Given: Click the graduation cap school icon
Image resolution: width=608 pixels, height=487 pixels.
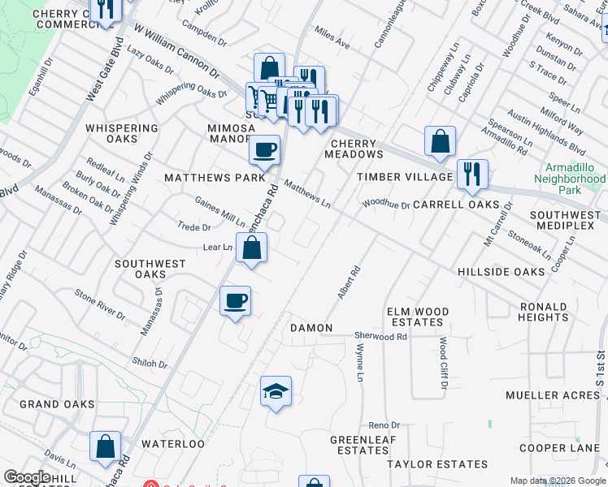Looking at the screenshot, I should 276,392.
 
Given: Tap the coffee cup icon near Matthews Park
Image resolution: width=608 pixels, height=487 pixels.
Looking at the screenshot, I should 264,150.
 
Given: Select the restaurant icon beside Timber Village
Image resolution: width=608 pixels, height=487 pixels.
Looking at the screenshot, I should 472,174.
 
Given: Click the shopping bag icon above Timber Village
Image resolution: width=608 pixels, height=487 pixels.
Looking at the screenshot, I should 440,141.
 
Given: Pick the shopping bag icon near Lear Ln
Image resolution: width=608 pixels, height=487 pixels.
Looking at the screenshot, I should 252,248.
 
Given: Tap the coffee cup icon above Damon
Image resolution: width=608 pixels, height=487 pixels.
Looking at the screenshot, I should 235,302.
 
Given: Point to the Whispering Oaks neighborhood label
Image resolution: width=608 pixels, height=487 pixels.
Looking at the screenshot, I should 122,134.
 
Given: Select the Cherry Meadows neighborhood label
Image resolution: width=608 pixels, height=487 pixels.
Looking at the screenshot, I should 354,148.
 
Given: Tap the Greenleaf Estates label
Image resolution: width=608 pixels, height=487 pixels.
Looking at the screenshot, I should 358,445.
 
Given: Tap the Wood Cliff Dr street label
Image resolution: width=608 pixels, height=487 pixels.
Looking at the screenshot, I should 444,362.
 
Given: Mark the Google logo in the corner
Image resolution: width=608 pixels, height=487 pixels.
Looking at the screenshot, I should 27,477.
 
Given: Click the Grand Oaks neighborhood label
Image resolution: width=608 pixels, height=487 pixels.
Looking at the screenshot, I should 57,403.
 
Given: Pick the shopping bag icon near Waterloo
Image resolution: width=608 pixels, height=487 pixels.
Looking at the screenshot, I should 106,446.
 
